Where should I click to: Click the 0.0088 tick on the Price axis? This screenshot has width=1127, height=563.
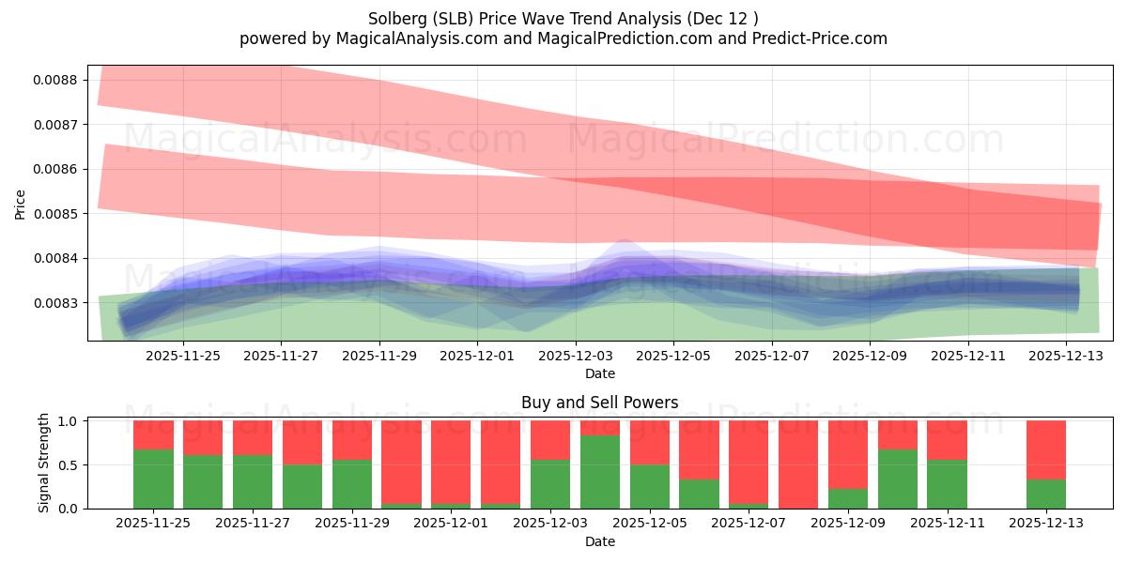[x=55, y=80]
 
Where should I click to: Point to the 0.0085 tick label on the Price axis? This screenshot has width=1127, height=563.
[x=55, y=214]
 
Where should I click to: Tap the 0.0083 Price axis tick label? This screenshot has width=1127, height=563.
[x=55, y=303]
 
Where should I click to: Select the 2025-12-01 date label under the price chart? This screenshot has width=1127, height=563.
[x=477, y=356]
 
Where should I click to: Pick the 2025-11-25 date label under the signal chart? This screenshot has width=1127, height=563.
[x=153, y=524]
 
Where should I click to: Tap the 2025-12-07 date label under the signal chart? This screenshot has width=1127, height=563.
[x=749, y=524]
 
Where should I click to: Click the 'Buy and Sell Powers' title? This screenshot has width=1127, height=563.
[x=599, y=403]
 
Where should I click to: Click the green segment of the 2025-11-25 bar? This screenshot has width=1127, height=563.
[x=153, y=479]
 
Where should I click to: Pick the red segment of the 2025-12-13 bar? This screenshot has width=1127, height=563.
[x=1046, y=449]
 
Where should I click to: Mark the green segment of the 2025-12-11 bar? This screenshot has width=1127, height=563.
[x=947, y=484]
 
